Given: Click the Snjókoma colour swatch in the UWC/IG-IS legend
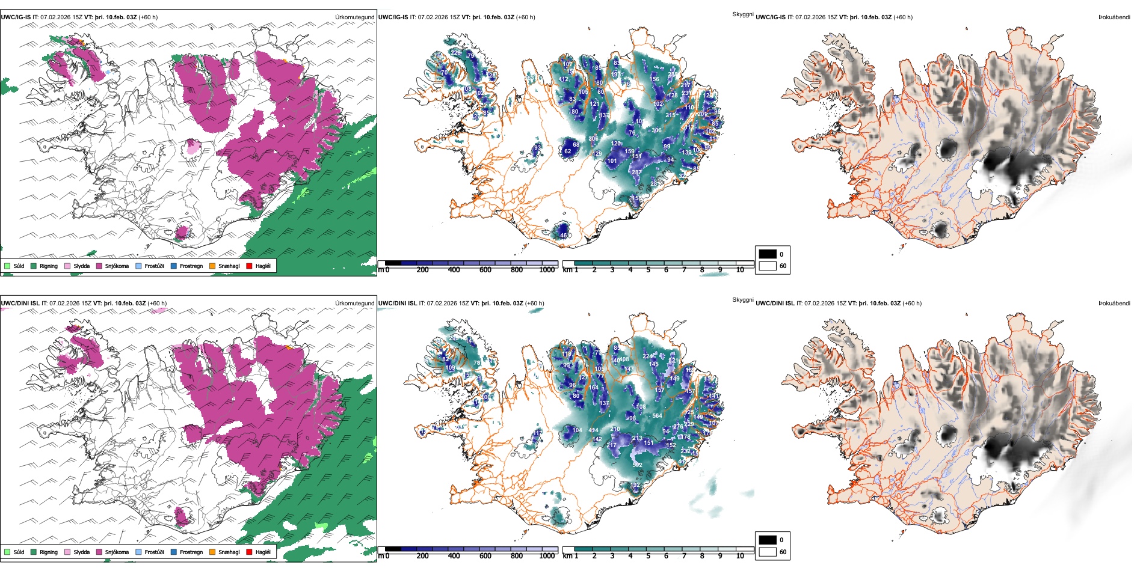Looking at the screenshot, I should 99,266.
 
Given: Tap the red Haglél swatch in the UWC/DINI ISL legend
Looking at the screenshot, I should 250,552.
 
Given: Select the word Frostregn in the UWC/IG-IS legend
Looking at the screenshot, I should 191,266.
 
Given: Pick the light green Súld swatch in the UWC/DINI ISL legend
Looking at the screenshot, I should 7,552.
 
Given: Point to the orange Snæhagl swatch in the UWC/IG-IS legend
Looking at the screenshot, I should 212,266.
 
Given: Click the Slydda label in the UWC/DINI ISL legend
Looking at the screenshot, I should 81,552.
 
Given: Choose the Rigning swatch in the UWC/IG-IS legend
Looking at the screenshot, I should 34,266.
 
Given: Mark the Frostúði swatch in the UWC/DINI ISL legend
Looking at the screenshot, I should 139,552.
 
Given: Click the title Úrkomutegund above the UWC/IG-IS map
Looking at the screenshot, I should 354,17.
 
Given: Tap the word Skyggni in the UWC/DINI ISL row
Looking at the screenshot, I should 742,299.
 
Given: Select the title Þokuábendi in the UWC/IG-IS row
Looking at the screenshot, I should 1114,17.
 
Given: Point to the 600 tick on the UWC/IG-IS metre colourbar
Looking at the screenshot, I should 485,270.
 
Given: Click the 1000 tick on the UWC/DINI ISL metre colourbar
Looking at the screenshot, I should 547,556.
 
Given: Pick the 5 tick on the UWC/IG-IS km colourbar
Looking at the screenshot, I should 649,270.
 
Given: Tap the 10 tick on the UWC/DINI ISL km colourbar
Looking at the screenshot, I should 740,556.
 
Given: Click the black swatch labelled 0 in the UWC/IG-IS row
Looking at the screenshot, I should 768,254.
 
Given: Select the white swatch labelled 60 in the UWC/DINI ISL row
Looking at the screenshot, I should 768,552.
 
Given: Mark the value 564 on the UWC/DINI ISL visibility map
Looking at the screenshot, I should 657,415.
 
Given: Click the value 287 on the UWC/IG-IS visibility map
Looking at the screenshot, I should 636,172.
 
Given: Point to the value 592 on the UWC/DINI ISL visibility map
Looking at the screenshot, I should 637,465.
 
